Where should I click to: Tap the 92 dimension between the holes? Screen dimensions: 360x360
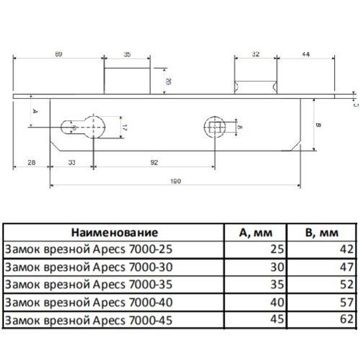[x=154, y=163]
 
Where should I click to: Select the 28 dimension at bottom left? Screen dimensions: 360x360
[x=31, y=163]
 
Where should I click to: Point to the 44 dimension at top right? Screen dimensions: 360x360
[x=306, y=54]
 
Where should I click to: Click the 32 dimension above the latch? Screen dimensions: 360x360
[x=256, y=54]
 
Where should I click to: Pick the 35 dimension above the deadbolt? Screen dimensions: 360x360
[x=127, y=54]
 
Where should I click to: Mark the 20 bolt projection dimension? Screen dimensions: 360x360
[x=167, y=81]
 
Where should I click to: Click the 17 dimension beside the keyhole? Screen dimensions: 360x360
[x=124, y=127]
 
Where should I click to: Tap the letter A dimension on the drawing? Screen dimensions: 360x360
[x=35, y=111]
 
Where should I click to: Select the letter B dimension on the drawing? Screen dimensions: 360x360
[x=318, y=125]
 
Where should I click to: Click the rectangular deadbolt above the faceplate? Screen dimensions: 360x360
[x=127, y=81]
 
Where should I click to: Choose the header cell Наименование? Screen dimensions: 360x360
[x=114, y=233]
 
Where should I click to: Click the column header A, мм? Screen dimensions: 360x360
[x=256, y=233]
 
